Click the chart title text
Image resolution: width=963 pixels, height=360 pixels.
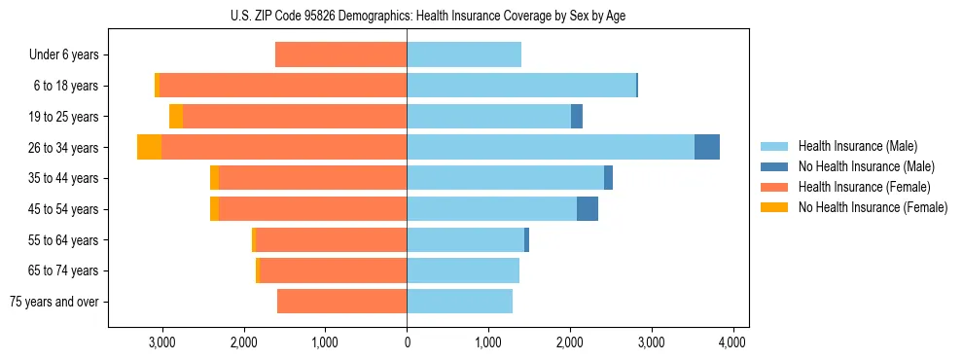429,15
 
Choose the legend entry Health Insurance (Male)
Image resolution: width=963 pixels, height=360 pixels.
857,146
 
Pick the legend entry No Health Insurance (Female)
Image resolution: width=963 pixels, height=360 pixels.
873,207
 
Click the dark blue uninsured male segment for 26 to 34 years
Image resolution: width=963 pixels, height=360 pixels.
707,147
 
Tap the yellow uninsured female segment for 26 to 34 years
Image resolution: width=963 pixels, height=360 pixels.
149,147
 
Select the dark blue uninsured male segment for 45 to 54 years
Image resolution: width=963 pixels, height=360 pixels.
588,208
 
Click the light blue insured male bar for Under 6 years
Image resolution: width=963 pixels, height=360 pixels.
464,54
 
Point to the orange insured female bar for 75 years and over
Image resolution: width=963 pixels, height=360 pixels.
341,302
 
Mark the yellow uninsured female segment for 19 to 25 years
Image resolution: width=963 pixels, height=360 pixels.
176,117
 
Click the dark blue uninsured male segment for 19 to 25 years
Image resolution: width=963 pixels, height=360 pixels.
577,117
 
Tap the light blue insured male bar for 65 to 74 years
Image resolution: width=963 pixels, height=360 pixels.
463,270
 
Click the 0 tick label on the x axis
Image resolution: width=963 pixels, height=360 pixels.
407,342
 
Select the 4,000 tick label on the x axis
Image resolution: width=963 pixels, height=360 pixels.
732,342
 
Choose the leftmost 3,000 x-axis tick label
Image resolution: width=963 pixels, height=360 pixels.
161,342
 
